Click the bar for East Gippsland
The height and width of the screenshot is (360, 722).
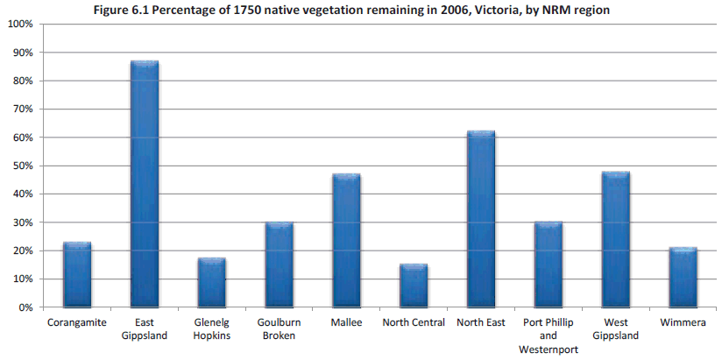pyautogui.click(x=145, y=184)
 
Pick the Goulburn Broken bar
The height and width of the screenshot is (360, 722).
pyautogui.click(x=280, y=265)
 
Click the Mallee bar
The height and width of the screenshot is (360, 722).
pyautogui.click(x=346, y=241)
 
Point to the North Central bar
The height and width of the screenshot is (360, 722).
pyautogui.click(x=414, y=286)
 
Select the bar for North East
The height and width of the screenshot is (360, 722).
pyautogui.click(x=481, y=219)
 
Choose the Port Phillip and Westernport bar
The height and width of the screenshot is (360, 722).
pyautogui.click(x=549, y=265)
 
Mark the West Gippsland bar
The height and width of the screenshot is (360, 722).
pyautogui.click(x=616, y=240)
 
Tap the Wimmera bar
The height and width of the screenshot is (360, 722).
pyautogui.click(x=683, y=278)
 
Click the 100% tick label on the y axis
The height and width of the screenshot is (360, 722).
pyautogui.click(x=20, y=25)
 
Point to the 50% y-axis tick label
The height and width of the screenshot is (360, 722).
pyautogui.click(x=23, y=166)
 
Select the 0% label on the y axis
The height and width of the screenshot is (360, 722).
pyautogui.click(x=25, y=307)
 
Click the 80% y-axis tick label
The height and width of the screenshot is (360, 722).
pyautogui.click(x=23, y=81)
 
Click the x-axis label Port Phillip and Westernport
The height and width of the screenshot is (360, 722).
pyautogui.click(x=549, y=335)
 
